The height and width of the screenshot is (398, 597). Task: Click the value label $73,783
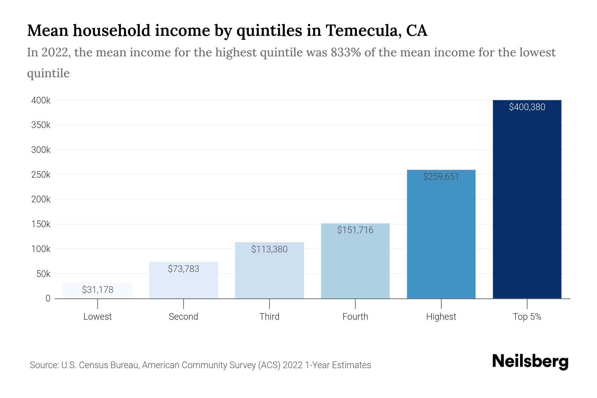[x=183, y=269]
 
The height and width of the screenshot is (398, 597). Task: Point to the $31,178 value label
[x=98, y=290]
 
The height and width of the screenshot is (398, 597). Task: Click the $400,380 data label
[x=527, y=107]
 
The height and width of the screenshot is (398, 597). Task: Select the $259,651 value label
[x=441, y=177]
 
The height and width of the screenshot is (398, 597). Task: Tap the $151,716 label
[x=355, y=230]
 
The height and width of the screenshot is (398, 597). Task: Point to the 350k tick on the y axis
[x=41, y=125]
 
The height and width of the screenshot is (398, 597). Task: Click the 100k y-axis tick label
[x=41, y=249]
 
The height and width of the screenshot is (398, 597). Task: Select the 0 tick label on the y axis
[x=48, y=298]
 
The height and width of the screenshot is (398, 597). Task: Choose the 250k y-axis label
[x=41, y=175]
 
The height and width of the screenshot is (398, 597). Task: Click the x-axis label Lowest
[x=98, y=317]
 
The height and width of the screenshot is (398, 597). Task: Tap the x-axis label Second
[x=183, y=317]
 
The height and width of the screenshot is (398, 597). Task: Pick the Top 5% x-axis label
[x=527, y=317]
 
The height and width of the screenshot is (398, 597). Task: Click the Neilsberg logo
[x=530, y=362]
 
